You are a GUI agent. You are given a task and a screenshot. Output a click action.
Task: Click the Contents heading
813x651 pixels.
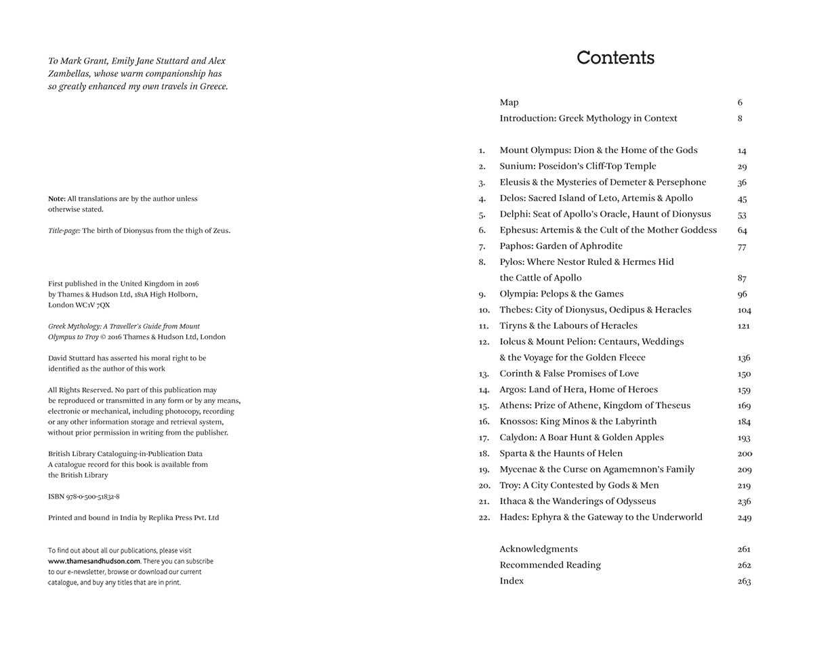(x=615, y=58)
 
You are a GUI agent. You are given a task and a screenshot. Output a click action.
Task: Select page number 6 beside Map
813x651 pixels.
(x=740, y=103)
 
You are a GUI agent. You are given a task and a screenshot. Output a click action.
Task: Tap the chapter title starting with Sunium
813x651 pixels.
(x=578, y=166)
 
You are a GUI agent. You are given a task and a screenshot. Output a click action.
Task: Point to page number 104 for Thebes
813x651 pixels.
(x=744, y=310)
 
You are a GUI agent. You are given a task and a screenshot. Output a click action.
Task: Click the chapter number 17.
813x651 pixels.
(x=484, y=438)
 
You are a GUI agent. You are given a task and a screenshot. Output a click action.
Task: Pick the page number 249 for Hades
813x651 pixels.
(x=744, y=518)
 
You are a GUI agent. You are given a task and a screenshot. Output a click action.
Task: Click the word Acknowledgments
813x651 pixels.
(x=539, y=549)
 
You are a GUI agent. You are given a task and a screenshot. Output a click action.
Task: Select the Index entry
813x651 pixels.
(x=512, y=581)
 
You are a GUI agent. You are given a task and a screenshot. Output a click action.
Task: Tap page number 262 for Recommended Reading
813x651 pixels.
(x=744, y=566)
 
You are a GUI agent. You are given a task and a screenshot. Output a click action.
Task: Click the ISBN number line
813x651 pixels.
(x=84, y=497)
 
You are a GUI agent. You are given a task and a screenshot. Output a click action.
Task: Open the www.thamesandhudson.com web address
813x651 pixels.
(x=93, y=561)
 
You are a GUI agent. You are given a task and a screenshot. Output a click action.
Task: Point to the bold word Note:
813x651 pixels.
(x=57, y=199)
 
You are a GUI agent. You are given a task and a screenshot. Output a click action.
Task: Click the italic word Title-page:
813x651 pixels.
(x=64, y=231)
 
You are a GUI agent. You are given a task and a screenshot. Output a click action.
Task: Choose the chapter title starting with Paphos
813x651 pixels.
(x=561, y=246)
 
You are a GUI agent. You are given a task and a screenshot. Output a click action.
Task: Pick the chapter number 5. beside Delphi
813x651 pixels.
(x=482, y=215)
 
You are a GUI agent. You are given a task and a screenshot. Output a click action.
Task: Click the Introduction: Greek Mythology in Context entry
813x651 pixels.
(x=588, y=119)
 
